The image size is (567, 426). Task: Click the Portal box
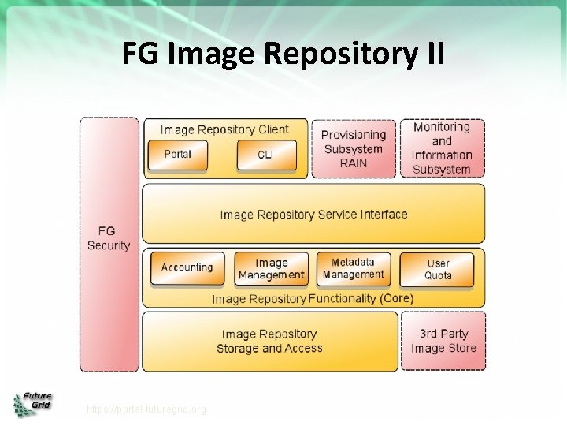pos(177,155)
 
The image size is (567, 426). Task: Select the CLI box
pos(266,155)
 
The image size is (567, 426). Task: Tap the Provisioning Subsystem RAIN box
pos(354,149)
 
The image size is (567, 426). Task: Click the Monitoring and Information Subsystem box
pos(442,148)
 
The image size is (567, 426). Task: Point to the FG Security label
pos(109,238)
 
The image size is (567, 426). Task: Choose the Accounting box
pos(187,268)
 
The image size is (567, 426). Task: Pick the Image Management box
pos(272,269)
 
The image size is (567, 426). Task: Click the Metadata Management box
pos(353,268)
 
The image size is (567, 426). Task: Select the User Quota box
pos(438,269)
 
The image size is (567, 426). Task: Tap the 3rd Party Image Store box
pos(443,341)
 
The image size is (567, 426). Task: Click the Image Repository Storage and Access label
pos(269,341)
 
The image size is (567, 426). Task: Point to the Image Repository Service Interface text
pos(313,215)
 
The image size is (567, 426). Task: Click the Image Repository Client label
pos(224,129)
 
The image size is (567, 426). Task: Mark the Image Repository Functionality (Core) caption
pos(312,299)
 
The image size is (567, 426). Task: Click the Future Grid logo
pos(31,403)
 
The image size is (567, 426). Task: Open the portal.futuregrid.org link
pos(146,409)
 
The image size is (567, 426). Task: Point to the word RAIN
pos(354,163)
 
